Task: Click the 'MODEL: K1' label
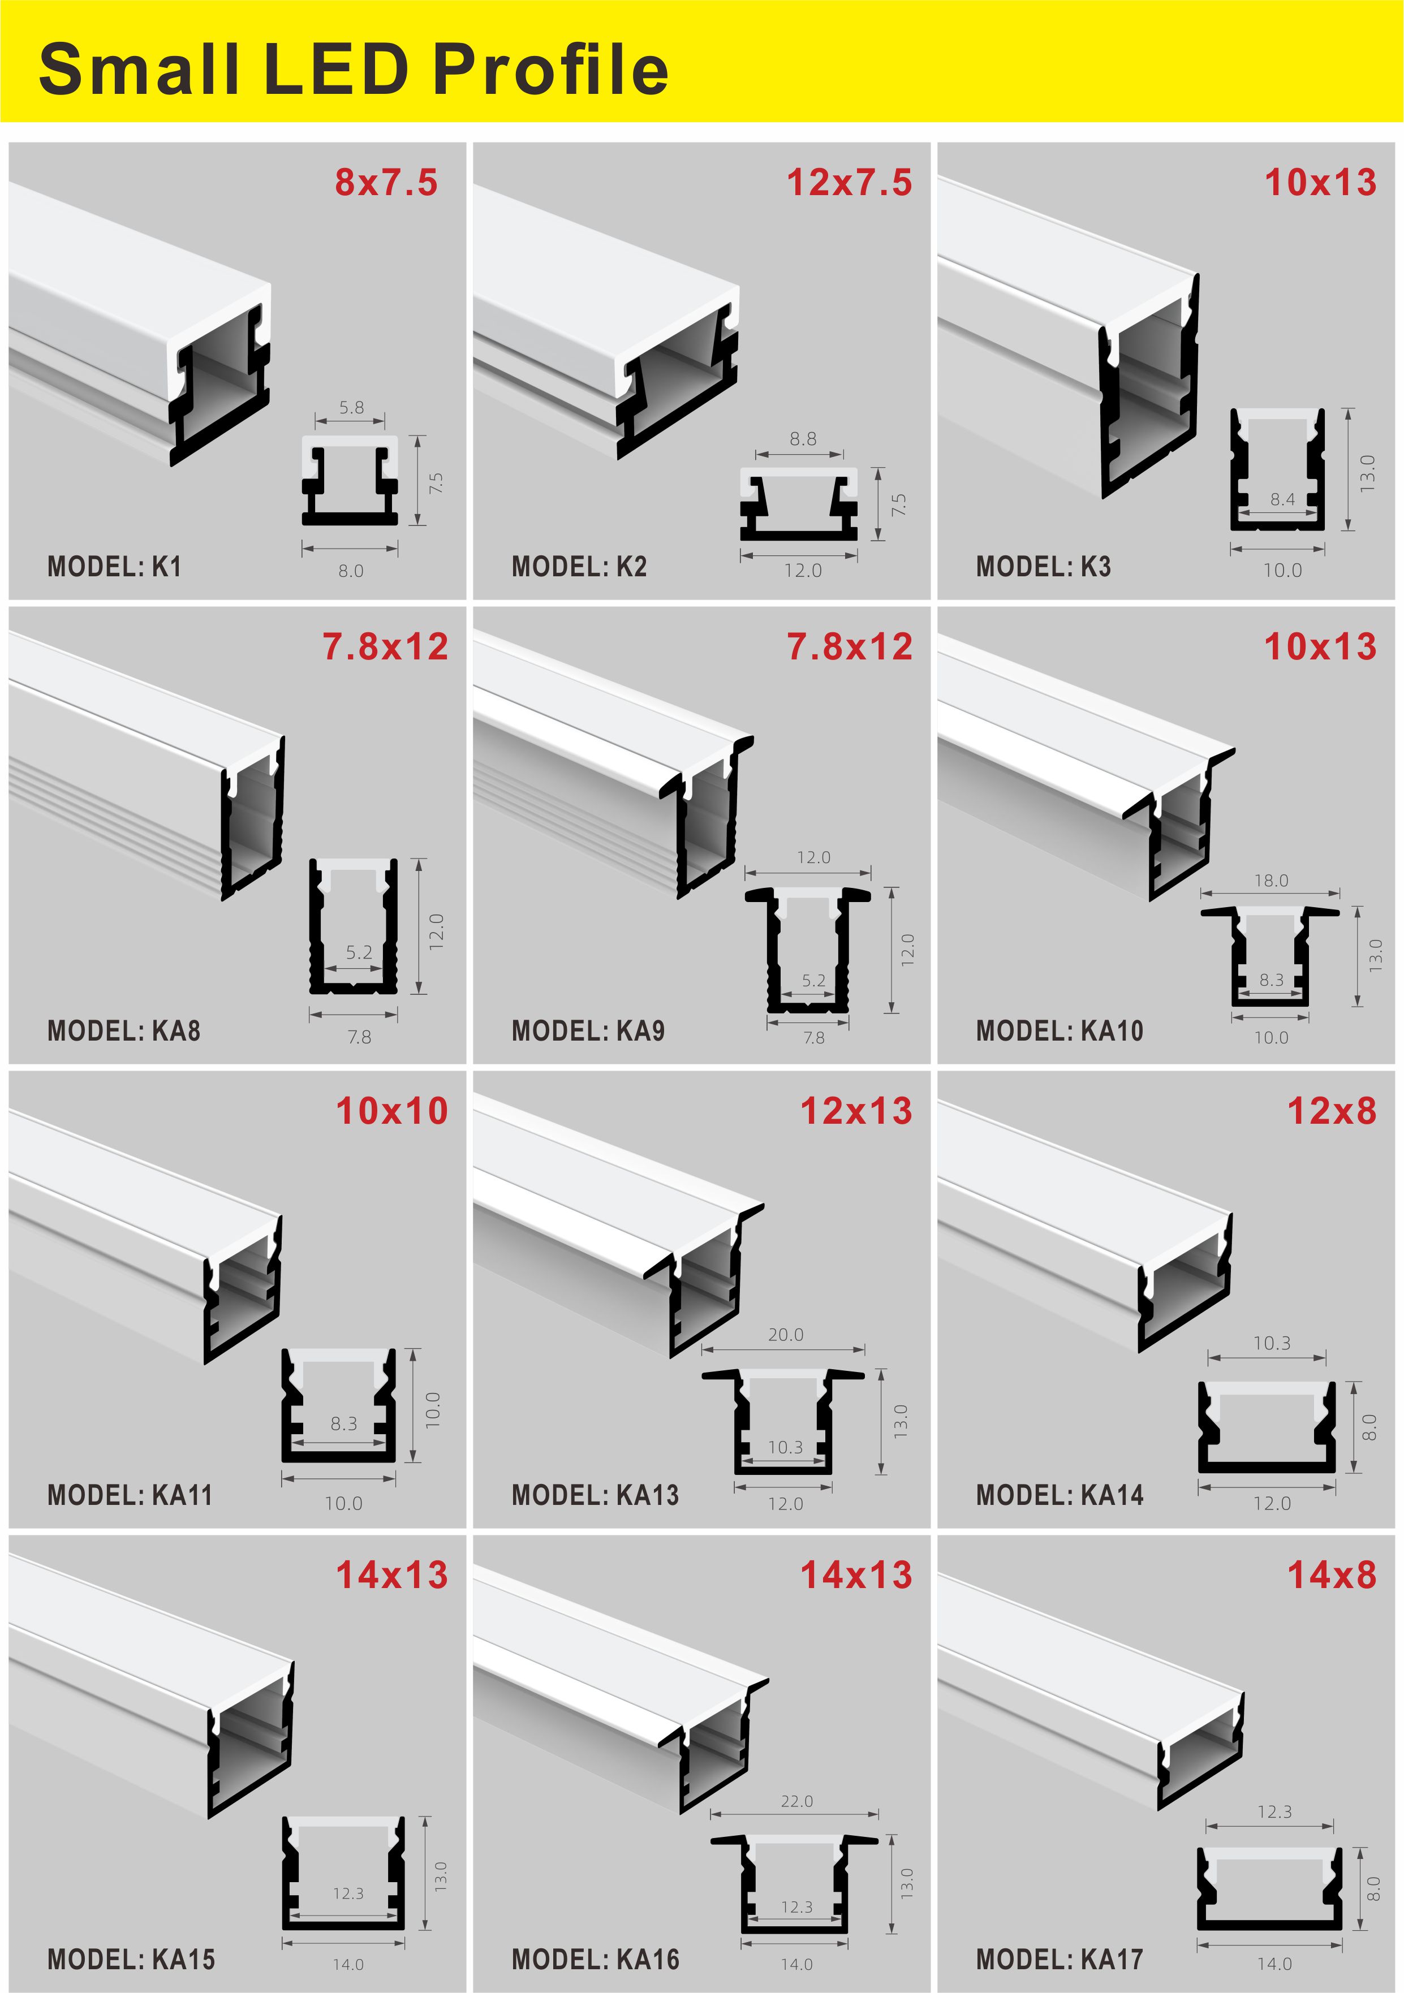115,567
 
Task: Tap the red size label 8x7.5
386,182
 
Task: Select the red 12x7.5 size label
849,182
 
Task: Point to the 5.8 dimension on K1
352,407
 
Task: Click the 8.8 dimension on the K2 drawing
803,439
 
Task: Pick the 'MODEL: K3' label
1044,567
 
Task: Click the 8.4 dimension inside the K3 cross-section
1282,499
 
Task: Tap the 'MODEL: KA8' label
124,1031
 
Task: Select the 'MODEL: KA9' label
589,1031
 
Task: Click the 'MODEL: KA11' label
130,1495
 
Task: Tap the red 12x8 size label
1332,1111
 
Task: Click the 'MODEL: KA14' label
1060,1495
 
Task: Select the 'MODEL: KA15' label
131,1959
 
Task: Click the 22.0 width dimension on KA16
797,1801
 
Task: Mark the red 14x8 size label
1332,1574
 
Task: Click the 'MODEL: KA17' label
1060,1959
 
